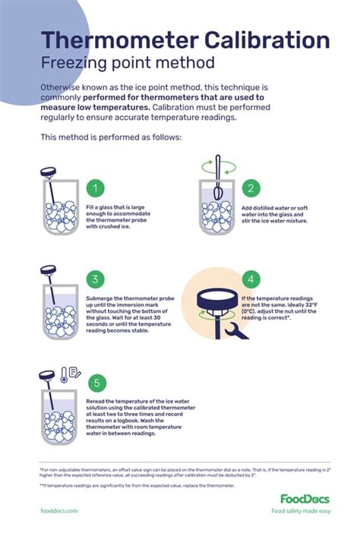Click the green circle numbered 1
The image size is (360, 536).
tap(96, 188)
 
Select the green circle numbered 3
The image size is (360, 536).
tap(96, 279)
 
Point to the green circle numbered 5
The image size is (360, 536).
tap(96, 383)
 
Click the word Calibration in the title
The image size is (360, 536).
tap(262, 40)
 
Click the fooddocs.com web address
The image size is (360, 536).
tap(59, 511)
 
